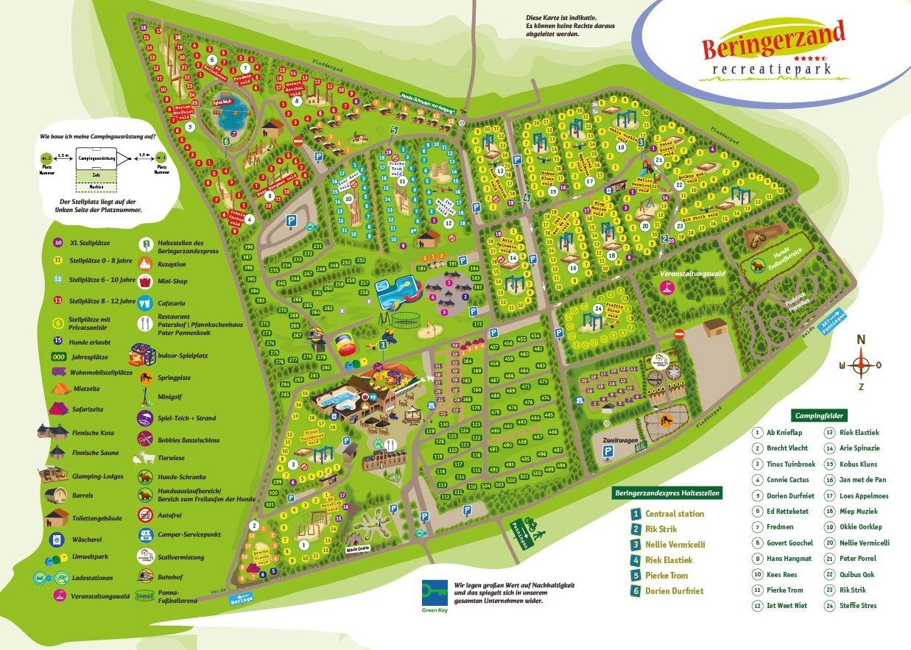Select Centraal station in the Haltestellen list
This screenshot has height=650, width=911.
pos(674,514)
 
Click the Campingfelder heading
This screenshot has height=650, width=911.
pos(820,416)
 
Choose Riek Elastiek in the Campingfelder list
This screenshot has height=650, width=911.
pos(859,432)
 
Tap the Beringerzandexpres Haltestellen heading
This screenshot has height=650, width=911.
pos(666,492)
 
